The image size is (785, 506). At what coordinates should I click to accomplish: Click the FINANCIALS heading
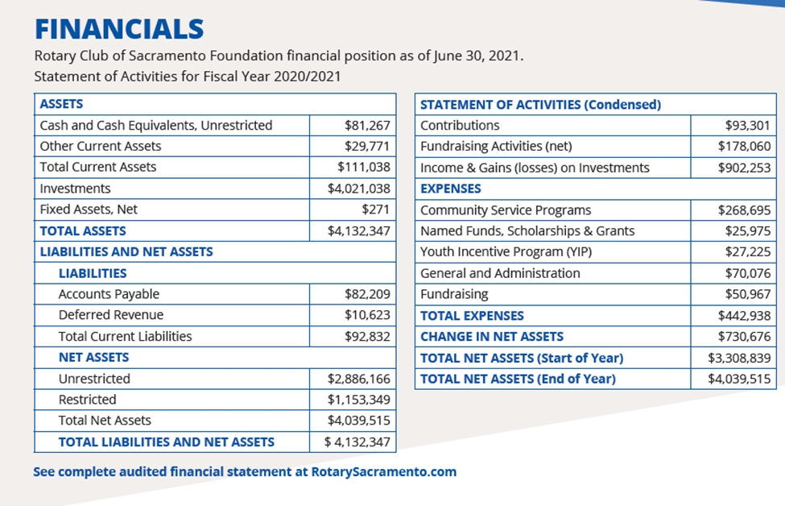[x=118, y=29]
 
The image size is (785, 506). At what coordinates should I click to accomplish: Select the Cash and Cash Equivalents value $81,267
[x=367, y=125]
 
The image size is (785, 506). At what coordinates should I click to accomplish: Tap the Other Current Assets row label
[x=101, y=146]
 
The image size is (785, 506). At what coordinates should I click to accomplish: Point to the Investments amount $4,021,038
[x=358, y=189]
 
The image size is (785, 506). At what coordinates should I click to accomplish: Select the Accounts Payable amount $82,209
[x=367, y=294]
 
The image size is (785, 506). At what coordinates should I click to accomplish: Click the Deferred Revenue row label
[x=111, y=315]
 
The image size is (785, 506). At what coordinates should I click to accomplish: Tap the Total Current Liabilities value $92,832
[x=367, y=336]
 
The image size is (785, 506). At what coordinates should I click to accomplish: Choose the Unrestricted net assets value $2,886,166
[x=358, y=379]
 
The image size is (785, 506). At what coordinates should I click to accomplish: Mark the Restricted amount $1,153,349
[x=358, y=400]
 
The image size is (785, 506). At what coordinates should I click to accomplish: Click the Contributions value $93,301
[x=748, y=125]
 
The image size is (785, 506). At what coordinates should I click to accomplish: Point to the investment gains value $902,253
[x=745, y=168]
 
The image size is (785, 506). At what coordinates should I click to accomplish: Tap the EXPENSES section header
[x=451, y=189]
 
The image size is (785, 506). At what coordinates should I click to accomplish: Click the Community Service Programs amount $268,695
[x=745, y=209]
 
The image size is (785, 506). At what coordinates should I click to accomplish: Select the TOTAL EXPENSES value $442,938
[x=745, y=315]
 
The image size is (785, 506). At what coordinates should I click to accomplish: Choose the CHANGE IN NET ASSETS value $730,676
[x=745, y=336]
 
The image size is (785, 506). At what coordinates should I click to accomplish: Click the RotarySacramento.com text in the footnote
[x=384, y=471]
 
